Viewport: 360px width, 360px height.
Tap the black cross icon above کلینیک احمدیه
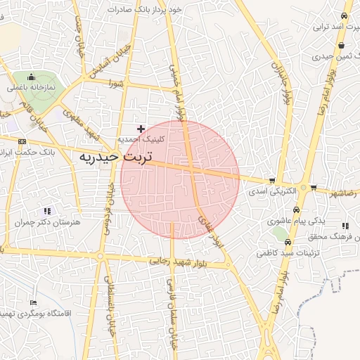point(141,129)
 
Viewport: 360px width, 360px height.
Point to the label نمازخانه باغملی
point(31,88)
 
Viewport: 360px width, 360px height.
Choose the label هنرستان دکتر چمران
point(48,222)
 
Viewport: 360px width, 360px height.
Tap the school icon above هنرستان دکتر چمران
point(47,211)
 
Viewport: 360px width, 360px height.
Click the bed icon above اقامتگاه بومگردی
point(33,303)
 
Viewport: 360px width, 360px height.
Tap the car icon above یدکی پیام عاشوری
point(297,210)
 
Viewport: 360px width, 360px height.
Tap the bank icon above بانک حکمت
point(22,141)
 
